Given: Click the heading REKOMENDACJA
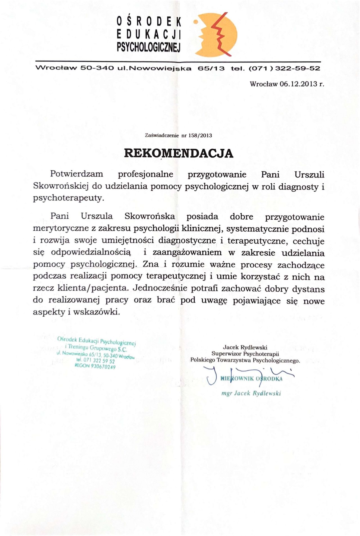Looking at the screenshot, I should click(x=179, y=153).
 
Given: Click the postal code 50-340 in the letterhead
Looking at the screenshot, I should click(x=97, y=68).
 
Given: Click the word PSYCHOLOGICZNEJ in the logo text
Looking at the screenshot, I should click(x=149, y=47).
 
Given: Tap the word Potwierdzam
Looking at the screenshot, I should click(x=76, y=174).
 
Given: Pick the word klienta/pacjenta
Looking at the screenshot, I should click(x=92, y=288).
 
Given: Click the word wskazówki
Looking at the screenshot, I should click(x=97, y=312).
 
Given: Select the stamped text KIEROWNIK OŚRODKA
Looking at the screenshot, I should click(x=251, y=379).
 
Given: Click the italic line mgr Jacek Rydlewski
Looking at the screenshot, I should click(x=251, y=393).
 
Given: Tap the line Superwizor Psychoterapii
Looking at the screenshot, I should click(x=245, y=354).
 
